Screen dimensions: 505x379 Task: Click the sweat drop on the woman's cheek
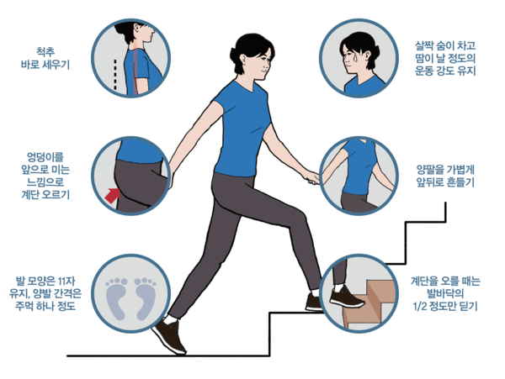[355, 58]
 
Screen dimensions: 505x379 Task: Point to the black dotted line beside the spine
[115, 74]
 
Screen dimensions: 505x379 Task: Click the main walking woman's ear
[243, 61]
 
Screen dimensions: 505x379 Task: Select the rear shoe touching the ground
[169, 336]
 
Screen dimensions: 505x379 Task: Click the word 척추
[45, 51]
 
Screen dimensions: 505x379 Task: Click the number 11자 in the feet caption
[66, 281]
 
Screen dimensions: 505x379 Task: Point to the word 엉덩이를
[45, 157]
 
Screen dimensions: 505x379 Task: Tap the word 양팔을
[430, 170]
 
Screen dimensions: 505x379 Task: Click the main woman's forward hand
[311, 177]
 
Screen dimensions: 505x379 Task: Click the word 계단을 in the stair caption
[424, 281]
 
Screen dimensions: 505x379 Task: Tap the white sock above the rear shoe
[170, 319]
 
